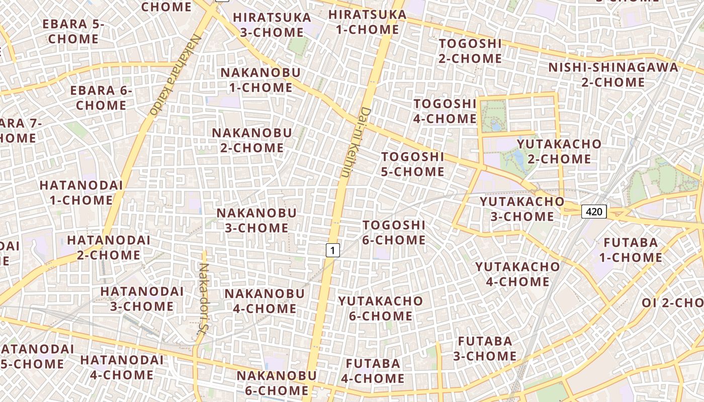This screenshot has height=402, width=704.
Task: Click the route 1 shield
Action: click(332, 250)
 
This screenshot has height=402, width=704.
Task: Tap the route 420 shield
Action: click(594, 212)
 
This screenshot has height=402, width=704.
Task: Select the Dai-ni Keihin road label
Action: click(355, 142)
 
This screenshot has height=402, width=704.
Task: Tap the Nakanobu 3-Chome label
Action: click(256, 220)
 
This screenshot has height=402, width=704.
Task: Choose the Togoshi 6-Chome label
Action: click(394, 232)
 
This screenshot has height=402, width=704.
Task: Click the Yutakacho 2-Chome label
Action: click(559, 151)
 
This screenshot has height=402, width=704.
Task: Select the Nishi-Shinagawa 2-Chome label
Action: click(613, 74)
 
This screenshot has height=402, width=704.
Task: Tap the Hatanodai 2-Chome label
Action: click(109, 247)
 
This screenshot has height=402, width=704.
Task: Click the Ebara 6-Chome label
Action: click(101, 98)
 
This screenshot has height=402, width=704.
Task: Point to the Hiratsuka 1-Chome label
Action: click(367, 22)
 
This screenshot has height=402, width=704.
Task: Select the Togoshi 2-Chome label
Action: click(470, 51)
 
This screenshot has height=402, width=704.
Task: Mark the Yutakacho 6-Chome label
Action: click(380, 308)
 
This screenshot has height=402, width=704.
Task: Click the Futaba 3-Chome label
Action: click(485, 348)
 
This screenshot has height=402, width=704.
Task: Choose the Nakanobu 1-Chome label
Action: click(260, 79)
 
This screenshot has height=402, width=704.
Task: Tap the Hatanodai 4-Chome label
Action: click(122, 367)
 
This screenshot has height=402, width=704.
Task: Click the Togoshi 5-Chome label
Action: click(412, 164)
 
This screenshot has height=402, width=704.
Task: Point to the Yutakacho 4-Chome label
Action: click(517, 274)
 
